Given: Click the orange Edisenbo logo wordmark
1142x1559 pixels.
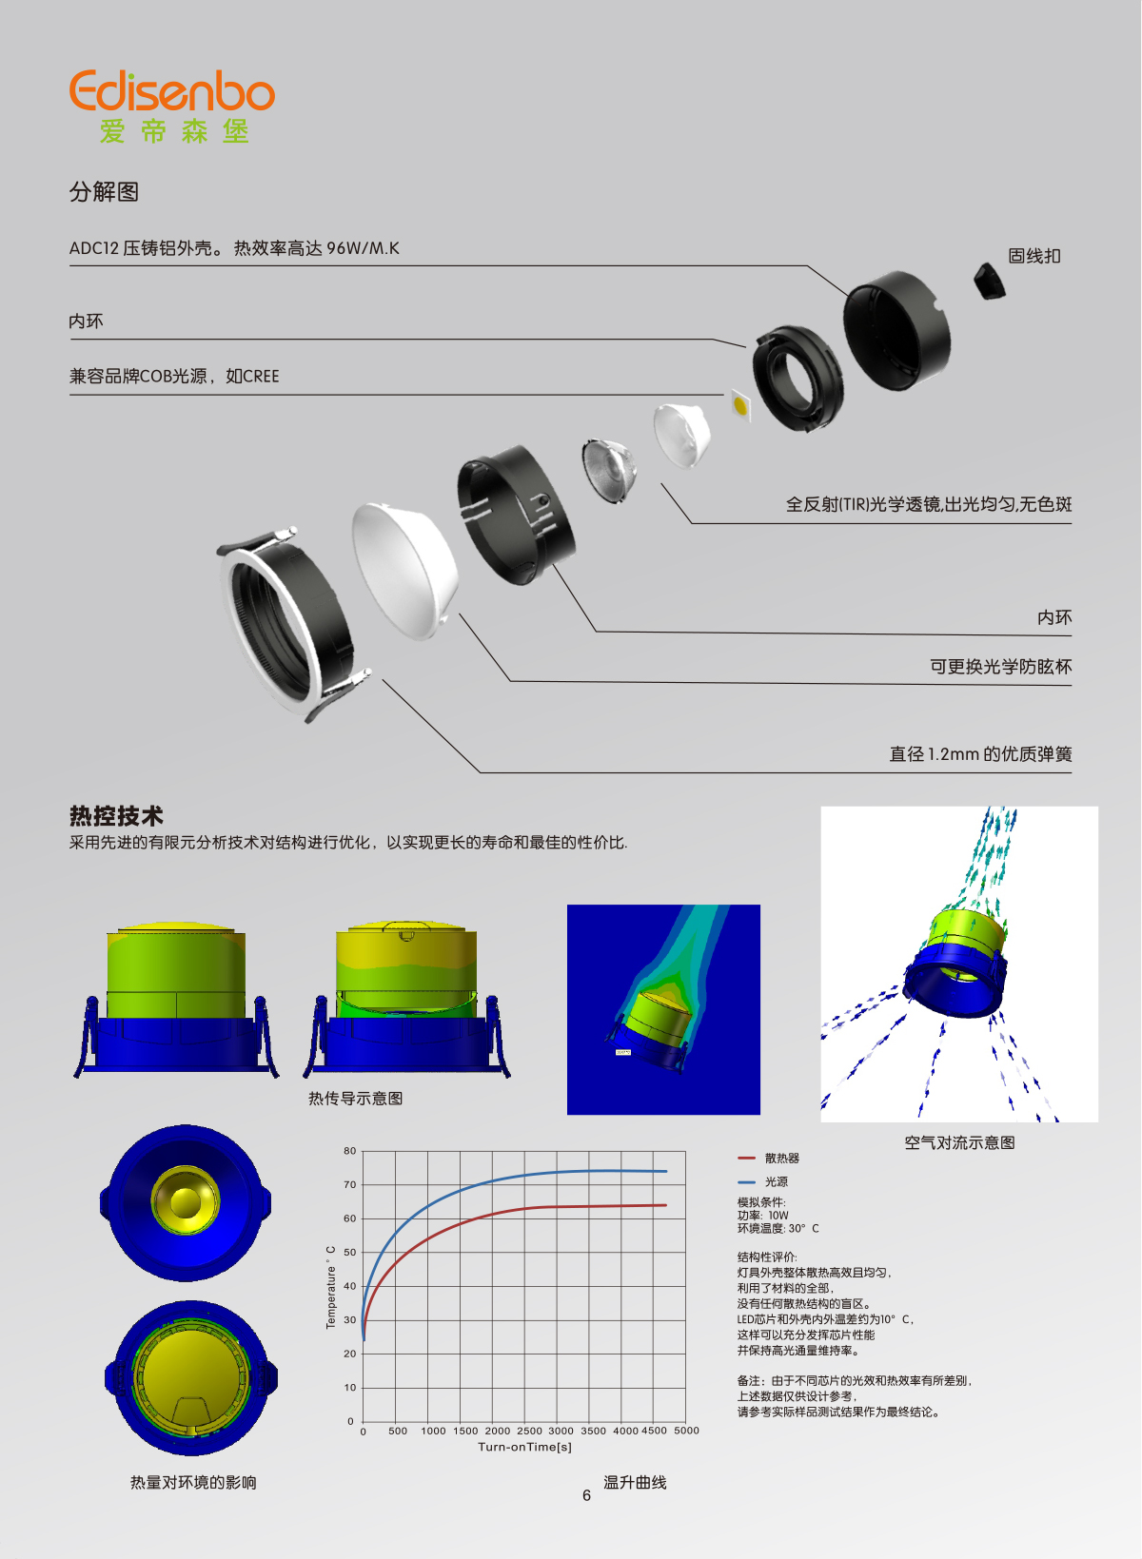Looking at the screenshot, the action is click(x=172, y=90).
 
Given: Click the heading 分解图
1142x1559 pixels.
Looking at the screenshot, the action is click(x=104, y=191).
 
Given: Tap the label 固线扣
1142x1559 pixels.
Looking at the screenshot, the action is click(x=1034, y=256).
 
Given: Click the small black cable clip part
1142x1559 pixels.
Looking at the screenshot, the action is click(x=989, y=280).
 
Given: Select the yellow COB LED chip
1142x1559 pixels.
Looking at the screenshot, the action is click(x=741, y=403).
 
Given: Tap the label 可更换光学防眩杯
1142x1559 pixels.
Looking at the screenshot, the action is click(x=1000, y=666).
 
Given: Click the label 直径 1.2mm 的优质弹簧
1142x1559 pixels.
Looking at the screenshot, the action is click(x=980, y=753).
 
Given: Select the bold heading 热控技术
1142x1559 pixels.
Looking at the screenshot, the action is click(x=116, y=815).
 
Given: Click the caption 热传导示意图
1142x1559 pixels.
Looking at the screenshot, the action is click(x=356, y=1099).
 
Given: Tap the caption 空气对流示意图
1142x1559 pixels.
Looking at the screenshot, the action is click(x=959, y=1142).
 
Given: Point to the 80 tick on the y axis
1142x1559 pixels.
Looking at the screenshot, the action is click(x=349, y=1151).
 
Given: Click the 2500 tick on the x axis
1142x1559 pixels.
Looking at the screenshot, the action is click(x=529, y=1431).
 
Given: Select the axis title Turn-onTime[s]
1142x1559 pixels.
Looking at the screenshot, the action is click(x=524, y=1447).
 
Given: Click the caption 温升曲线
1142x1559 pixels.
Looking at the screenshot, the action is click(x=635, y=1483).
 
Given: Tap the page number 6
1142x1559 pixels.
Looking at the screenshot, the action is click(x=586, y=1495).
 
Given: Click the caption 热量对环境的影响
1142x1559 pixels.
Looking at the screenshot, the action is click(x=193, y=1483).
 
